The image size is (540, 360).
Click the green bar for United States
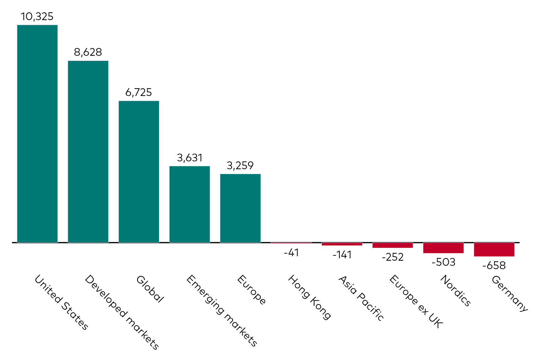[x=37, y=133]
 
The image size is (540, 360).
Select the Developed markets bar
[x=88, y=151]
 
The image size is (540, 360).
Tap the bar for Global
[x=139, y=172]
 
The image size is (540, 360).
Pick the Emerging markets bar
[x=190, y=204]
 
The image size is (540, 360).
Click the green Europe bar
[x=240, y=208]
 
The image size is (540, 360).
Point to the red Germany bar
[x=494, y=250]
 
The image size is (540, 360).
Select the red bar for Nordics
[x=443, y=248]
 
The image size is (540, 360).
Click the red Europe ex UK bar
[x=392, y=245]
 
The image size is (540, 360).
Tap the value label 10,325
[x=37, y=16]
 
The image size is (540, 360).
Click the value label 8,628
[x=88, y=52]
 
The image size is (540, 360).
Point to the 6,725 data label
[x=139, y=92]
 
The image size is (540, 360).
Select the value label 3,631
[x=190, y=158]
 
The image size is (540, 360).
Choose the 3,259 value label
[x=240, y=166]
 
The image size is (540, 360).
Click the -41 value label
[x=291, y=253]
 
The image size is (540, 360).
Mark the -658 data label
[x=494, y=265]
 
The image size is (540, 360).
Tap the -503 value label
[x=443, y=262]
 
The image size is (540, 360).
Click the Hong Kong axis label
[x=309, y=297]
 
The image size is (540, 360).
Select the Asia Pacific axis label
[x=361, y=298]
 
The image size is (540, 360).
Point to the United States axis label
[x=61, y=302]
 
